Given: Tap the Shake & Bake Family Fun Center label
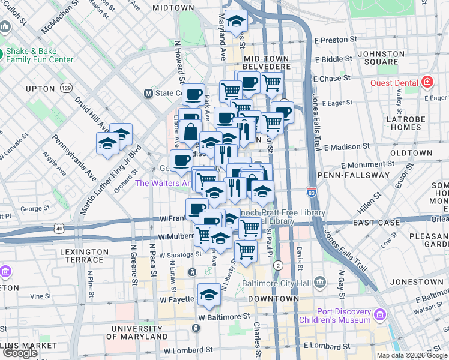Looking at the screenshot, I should click(40, 55).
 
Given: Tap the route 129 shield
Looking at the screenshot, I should click(66, 89).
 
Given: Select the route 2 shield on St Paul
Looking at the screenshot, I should click(277, 265).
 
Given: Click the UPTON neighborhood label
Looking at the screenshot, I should click(41, 89).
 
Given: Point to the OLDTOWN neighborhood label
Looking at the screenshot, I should click(411, 153).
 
